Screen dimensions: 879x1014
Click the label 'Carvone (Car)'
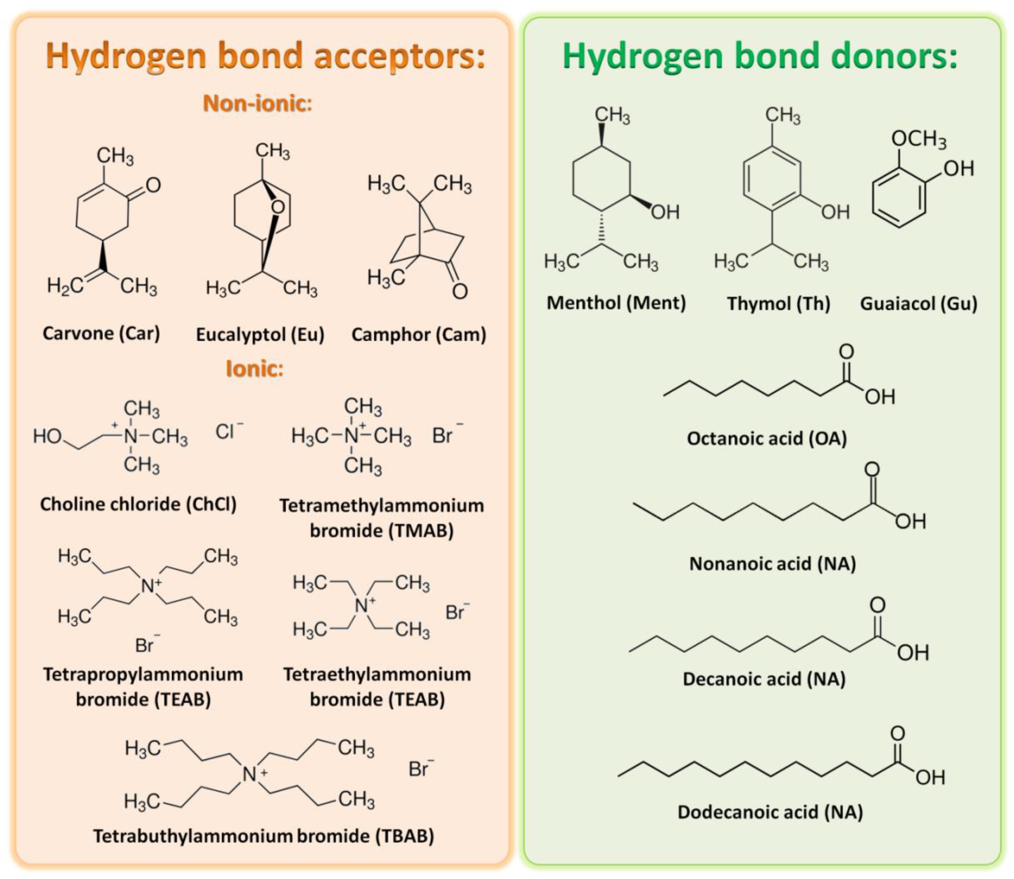(101, 333)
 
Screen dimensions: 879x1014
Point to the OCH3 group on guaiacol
(918, 139)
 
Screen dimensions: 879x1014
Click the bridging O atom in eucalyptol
(278, 207)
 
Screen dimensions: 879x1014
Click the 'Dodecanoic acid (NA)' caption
(770, 812)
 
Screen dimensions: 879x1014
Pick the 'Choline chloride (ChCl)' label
(138, 504)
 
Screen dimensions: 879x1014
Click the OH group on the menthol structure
(665, 212)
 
